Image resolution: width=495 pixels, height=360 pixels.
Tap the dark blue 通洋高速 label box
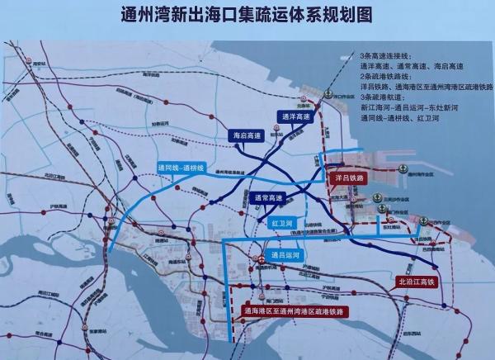(x=295, y=116)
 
